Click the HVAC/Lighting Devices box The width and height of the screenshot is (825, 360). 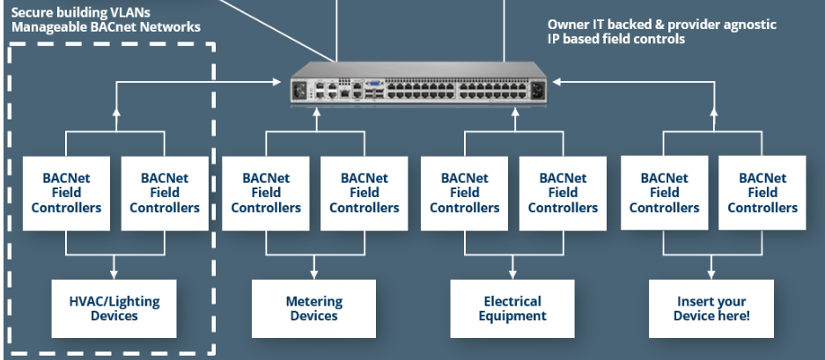click(114, 308)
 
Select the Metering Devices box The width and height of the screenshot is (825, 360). click(314, 308)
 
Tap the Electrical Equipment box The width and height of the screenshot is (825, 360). click(512, 308)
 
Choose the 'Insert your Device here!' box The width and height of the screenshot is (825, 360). click(711, 308)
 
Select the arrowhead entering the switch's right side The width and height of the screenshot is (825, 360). click(558, 81)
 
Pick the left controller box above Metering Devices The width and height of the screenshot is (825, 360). click(265, 193)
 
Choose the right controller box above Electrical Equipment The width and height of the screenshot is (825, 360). click(563, 193)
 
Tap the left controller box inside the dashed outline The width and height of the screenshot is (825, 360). click(66, 193)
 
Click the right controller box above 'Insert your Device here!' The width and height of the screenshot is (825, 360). click(762, 193)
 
